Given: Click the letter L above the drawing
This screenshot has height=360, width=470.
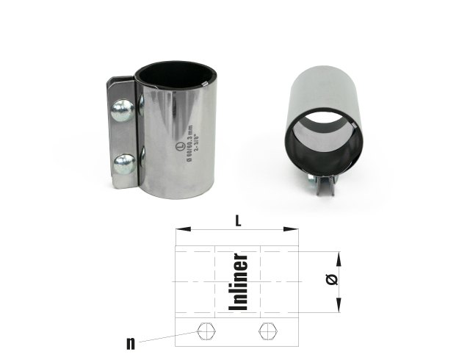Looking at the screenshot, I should click(237, 219).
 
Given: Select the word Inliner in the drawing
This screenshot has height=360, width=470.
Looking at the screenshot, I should click(239, 283).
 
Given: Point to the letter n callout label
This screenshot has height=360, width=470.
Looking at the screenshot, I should click(129, 342).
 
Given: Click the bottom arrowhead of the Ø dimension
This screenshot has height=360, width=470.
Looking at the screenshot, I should click(340, 311).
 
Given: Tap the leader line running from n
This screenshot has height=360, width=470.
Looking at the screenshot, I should click(165, 337).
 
